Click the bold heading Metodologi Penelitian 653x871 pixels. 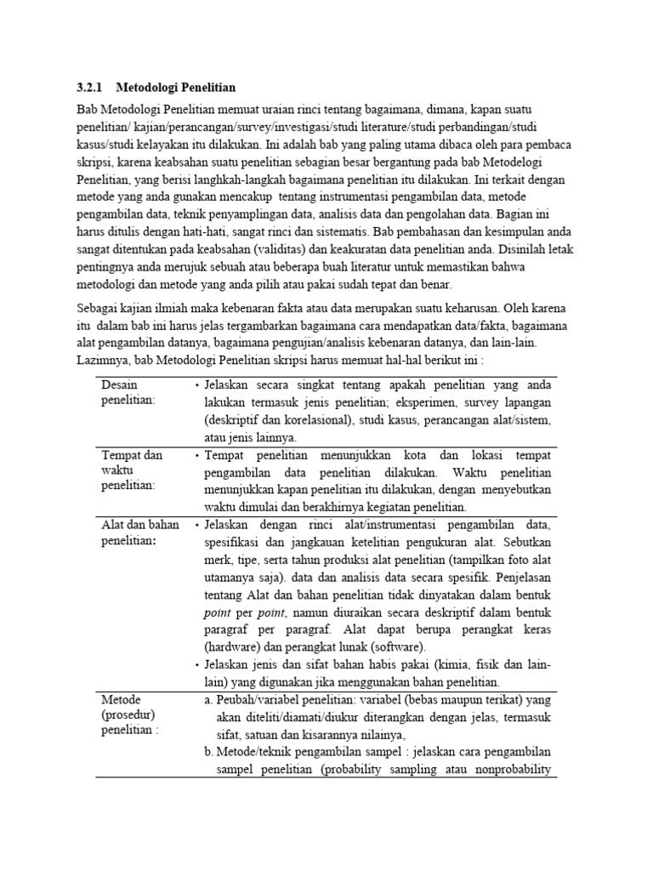tap(176, 88)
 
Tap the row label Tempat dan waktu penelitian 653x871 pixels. tap(131, 470)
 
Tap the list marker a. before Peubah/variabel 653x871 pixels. tap(208, 699)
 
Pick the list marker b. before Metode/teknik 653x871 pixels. tap(208, 753)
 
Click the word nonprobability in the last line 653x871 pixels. tap(513, 771)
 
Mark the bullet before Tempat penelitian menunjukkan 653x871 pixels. tap(196, 456)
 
